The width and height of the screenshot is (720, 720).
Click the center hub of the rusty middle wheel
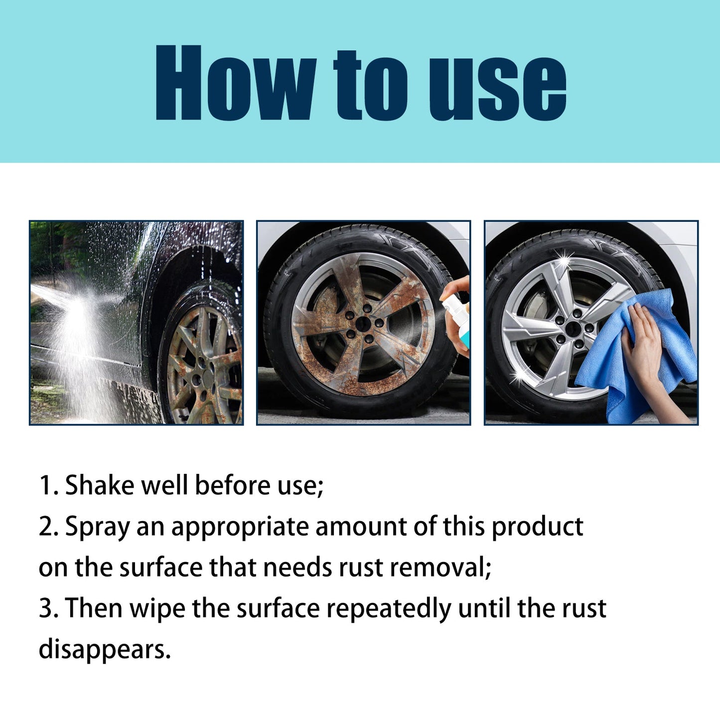(x=362, y=324)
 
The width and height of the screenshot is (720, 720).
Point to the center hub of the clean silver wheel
(x=573, y=328)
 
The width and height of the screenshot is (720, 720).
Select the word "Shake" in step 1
(x=100, y=485)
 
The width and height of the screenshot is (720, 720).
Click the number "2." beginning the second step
(x=49, y=527)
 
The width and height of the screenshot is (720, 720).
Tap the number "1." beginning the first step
(x=48, y=486)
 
